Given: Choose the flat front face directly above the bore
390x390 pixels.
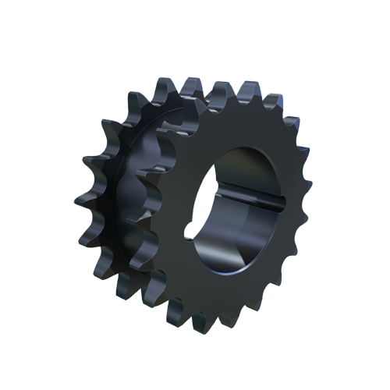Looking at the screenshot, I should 242,125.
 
